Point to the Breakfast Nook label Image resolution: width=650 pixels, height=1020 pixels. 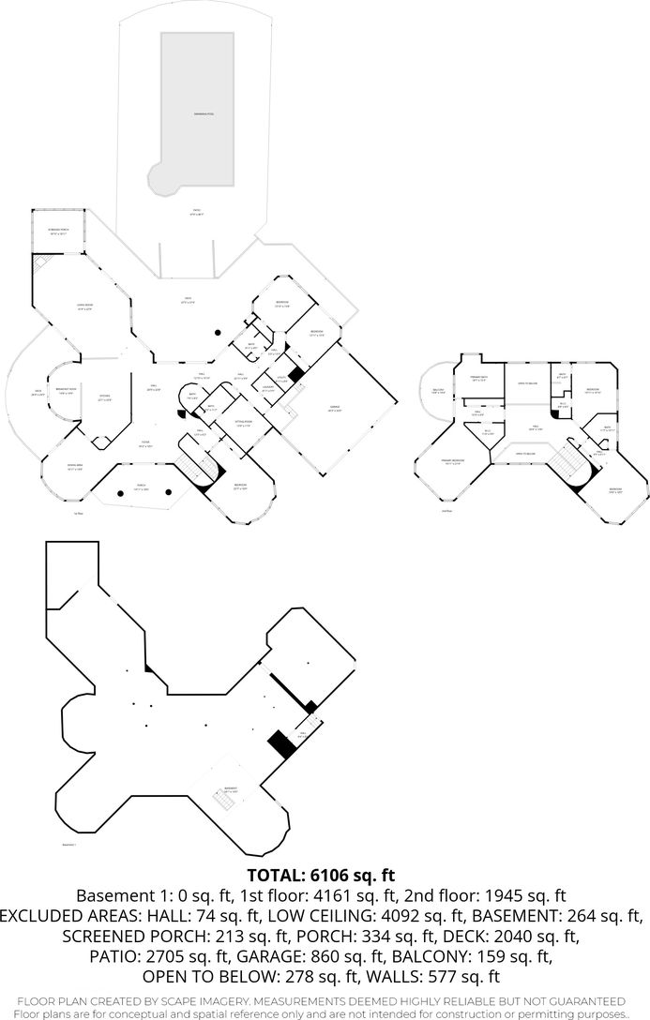(66, 392)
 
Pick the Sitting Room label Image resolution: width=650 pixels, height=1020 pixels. (243, 425)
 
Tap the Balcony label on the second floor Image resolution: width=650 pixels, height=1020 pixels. (438, 391)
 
